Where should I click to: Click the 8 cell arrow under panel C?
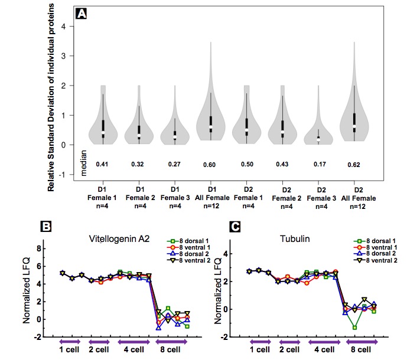tap(362, 341)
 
